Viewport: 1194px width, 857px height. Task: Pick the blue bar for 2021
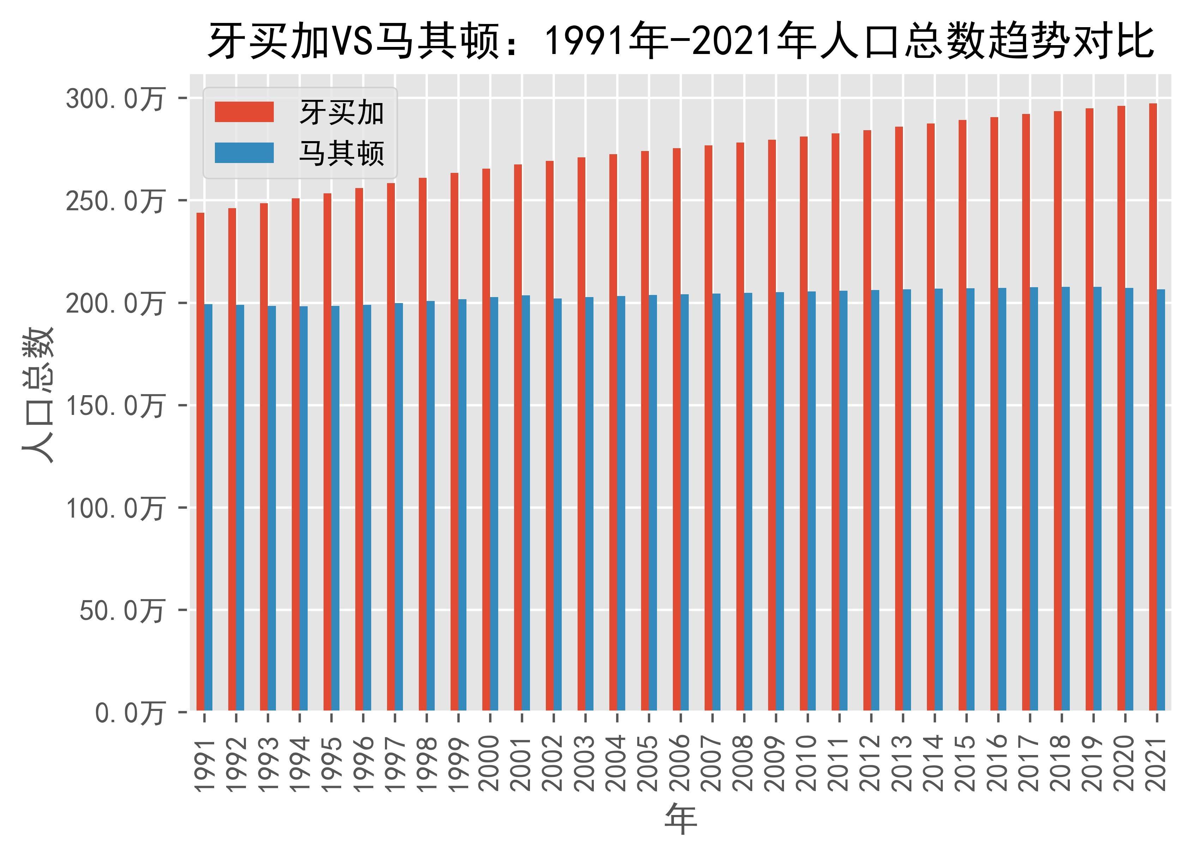(1161, 500)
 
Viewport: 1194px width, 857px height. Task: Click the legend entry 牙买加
(341, 113)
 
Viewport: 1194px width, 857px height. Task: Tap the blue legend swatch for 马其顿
(244, 153)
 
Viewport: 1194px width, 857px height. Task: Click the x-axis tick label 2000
(490, 763)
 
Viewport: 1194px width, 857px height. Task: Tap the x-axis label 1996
(363, 763)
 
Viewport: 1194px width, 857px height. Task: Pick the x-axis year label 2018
(1061, 763)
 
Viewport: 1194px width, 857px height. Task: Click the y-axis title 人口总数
(38, 395)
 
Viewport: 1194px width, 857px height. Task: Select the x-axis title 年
(681, 819)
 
